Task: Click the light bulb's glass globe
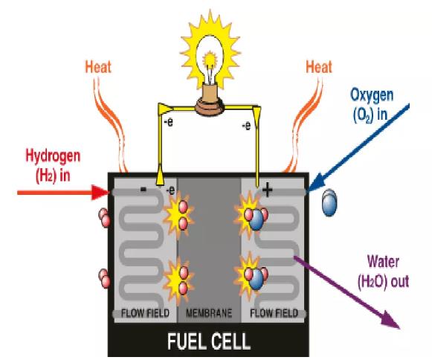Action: (x=210, y=60)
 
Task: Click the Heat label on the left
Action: (x=98, y=67)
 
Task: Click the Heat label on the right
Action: (x=319, y=67)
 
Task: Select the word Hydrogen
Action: (x=53, y=156)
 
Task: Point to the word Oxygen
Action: (x=372, y=95)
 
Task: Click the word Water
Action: (x=383, y=261)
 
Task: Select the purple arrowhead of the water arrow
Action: (x=391, y=321)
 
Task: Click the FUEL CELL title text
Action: (x=209, y=341)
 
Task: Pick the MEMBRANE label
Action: (x=209, y=313)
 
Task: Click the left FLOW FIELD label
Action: (x=145, y=313)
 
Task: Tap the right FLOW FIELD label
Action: (x=274, y=313)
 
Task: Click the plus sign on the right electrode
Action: (x=267, y=190)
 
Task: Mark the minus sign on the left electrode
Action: (x=144, y=189)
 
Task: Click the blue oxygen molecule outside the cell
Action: (x=329, y=202)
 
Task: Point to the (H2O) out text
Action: (x=383, y=282)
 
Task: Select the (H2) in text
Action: (x=53, y=176)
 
